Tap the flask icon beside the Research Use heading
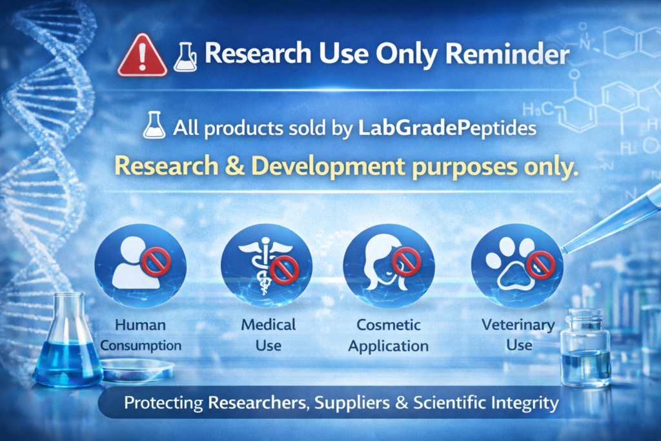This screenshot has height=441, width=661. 185,57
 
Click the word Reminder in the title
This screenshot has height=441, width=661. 516,54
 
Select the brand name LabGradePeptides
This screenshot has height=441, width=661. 447,127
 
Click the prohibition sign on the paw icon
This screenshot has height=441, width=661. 540,265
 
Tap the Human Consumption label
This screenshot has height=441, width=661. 141,334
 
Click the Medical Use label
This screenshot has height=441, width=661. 268,334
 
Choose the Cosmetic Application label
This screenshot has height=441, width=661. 389,334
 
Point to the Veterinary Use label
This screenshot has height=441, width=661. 518,334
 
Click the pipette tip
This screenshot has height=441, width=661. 564,250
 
